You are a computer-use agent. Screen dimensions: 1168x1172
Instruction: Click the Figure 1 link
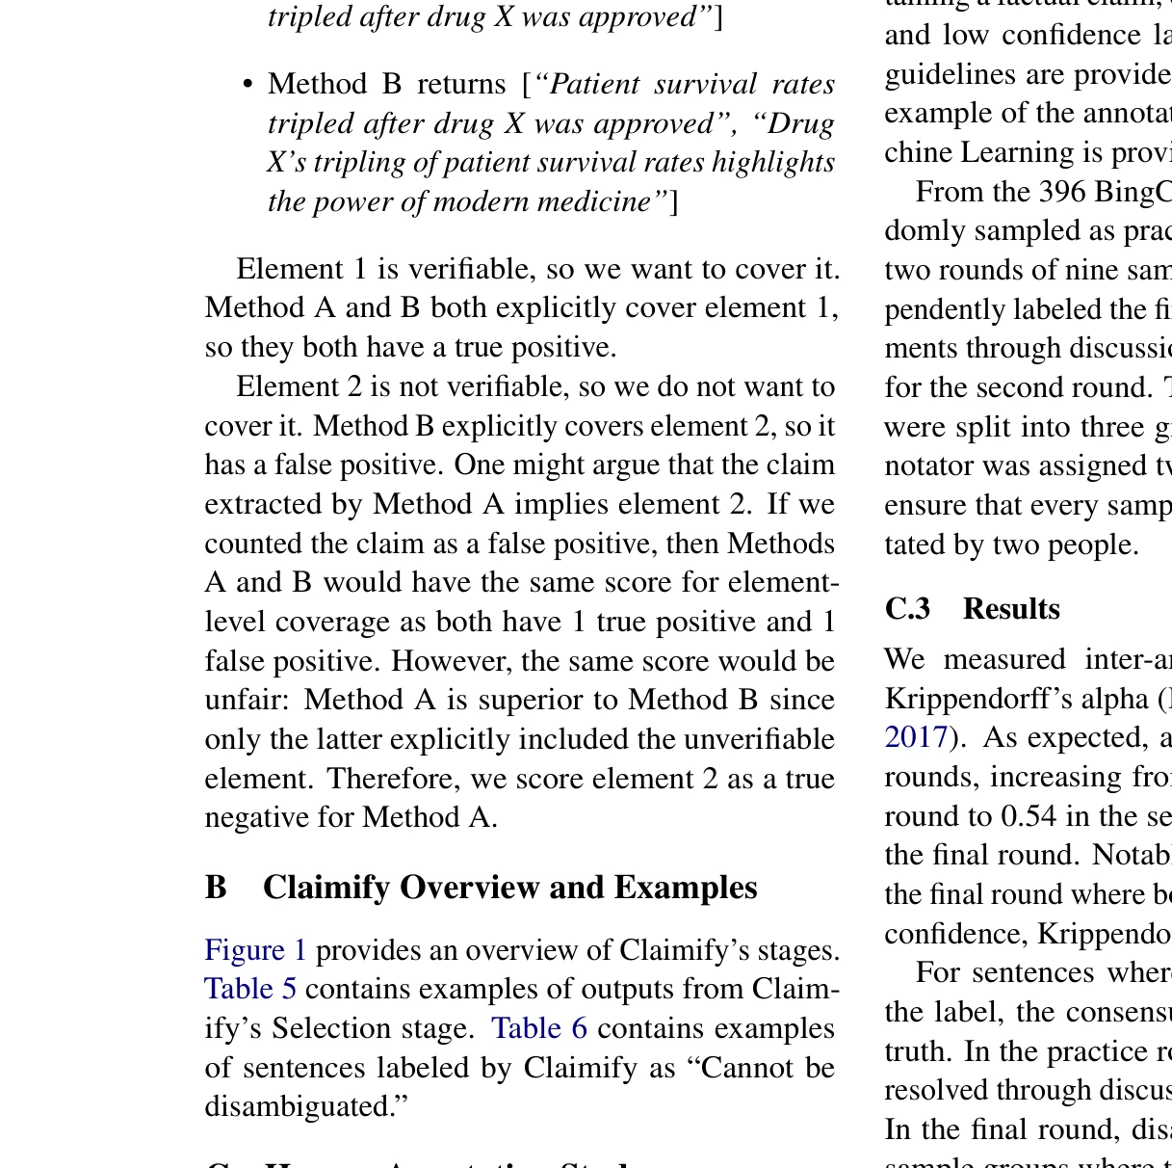tap(255, 950)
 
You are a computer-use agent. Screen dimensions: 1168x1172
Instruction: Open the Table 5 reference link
tap(250, 989)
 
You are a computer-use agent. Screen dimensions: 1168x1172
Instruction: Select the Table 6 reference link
tap(539, 1028)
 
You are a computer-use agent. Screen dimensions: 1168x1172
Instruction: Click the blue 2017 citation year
tap(916, 737)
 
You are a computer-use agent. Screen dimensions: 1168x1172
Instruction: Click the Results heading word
tap(1011, 609)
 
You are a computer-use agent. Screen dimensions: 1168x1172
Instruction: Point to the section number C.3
tap(907, 609)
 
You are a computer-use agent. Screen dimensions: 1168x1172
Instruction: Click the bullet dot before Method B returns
tap(247, 85)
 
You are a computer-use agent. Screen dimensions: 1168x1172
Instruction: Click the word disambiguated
tap(306, 1106)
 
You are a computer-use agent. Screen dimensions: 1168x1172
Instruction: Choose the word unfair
tap(247, 700)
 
